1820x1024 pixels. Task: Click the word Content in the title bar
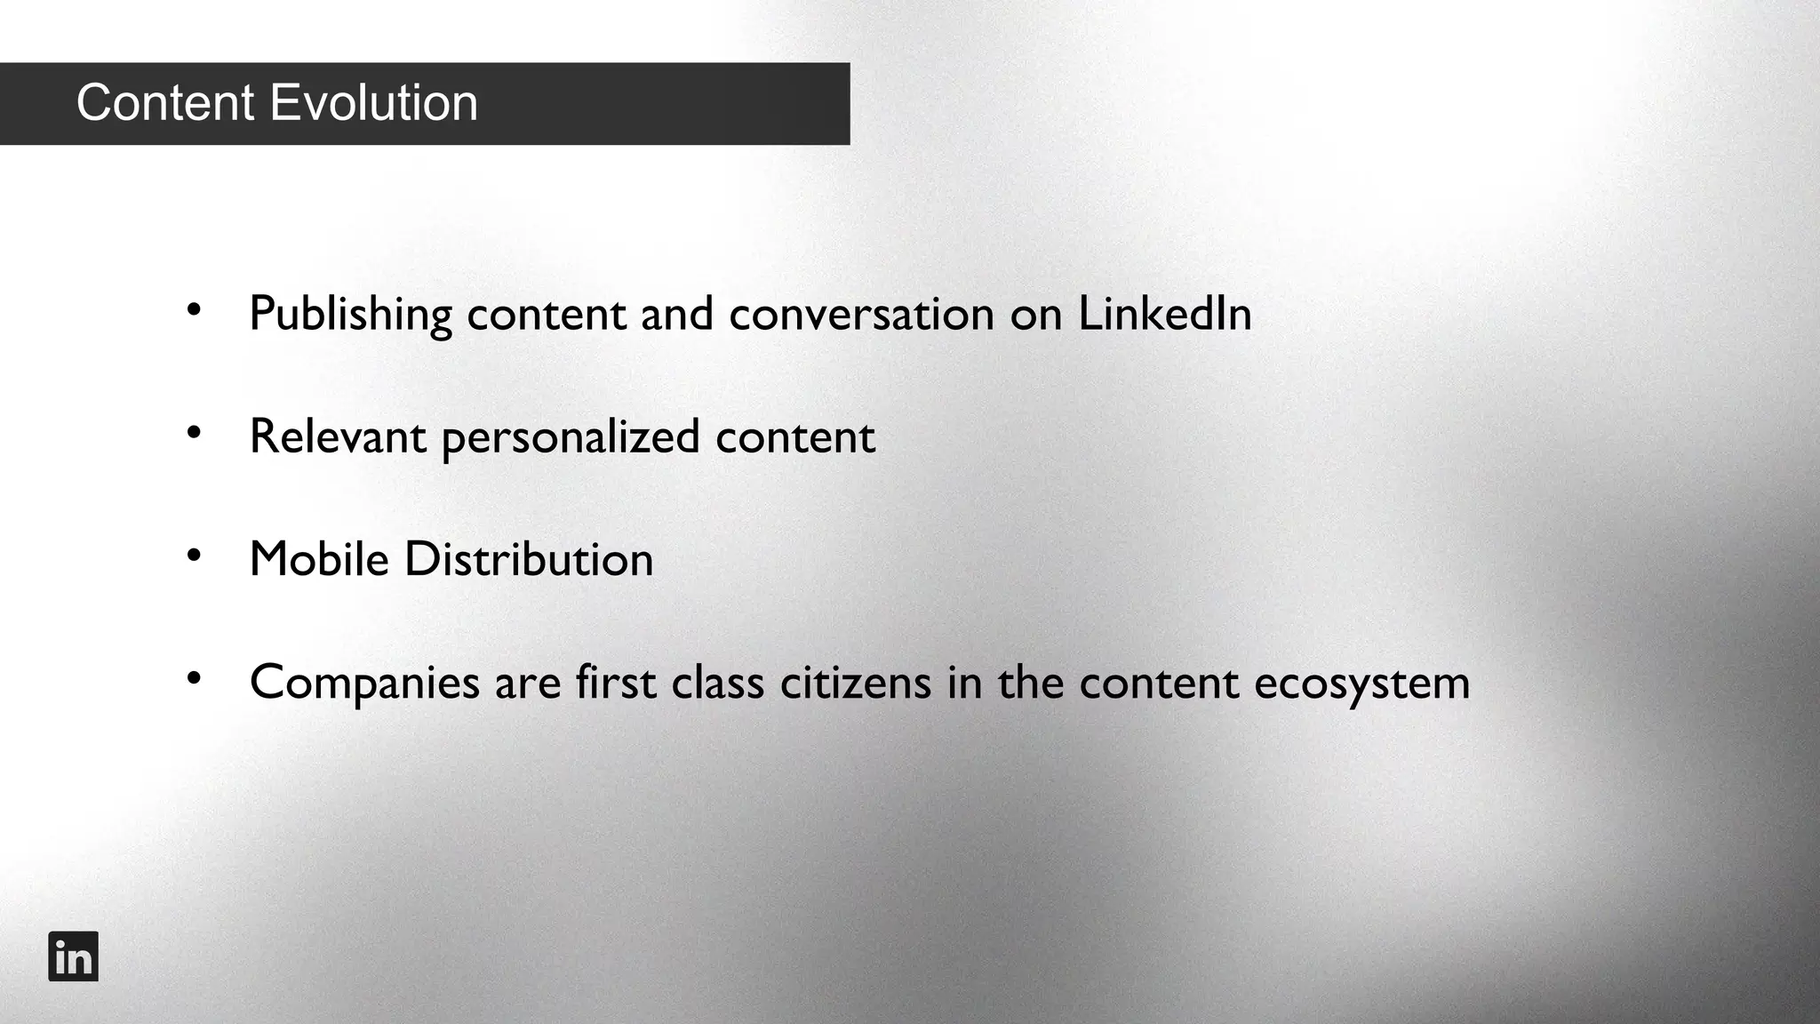click(x=165, y=103)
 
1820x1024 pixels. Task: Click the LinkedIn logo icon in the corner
click(x=73, y=956)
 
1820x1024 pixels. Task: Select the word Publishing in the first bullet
click(x=350, y=315)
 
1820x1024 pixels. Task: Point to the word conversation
click(x=861, y=315)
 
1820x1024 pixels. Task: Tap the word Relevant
click(x=338, y=436)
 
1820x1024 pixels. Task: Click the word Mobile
click(x=319, y=559)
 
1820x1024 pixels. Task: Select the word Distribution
click(x=529, y=559)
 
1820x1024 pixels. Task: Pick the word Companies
click(x=364, y=684)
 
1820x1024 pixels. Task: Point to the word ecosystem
click(x=1361, y=684)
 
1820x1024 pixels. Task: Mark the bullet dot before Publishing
click(x=195, y=310)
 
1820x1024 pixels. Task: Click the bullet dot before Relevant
click(x=195, y=433)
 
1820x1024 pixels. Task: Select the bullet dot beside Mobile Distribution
click(x=195, y=556)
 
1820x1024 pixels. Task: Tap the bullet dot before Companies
click(x=195, y=678)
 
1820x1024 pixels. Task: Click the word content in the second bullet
click(x=795, y=436)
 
